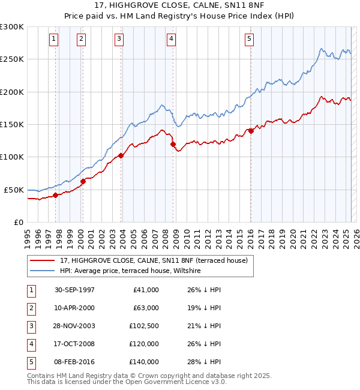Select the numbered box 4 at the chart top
(171, 39)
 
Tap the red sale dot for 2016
(251, 131)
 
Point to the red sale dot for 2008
(173, 144)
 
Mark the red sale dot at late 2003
(121, 155)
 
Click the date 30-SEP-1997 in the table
(74, 290)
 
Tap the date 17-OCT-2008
(74, 344)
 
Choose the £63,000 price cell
(146, 308)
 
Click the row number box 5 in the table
(30, 362)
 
